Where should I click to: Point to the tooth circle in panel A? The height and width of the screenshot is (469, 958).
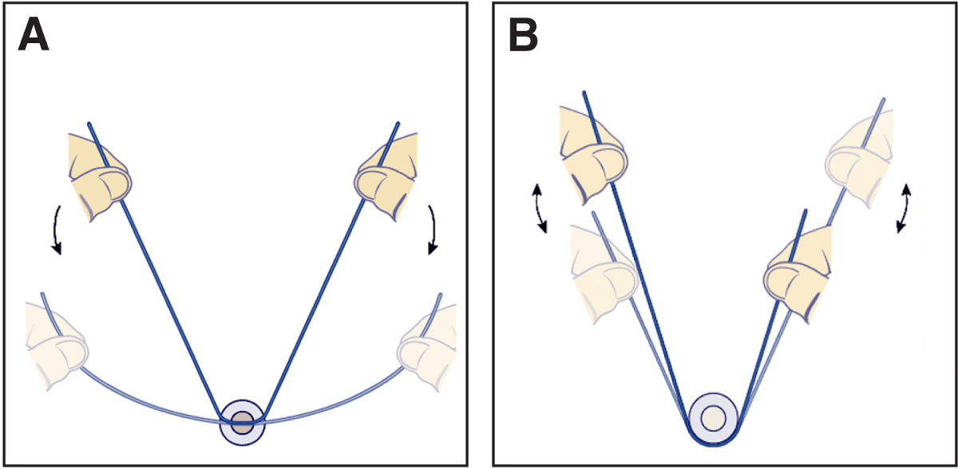click(242, 422)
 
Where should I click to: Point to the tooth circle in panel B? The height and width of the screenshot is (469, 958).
click(714, 417)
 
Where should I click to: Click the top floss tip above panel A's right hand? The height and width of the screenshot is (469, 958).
click(397, 123)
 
